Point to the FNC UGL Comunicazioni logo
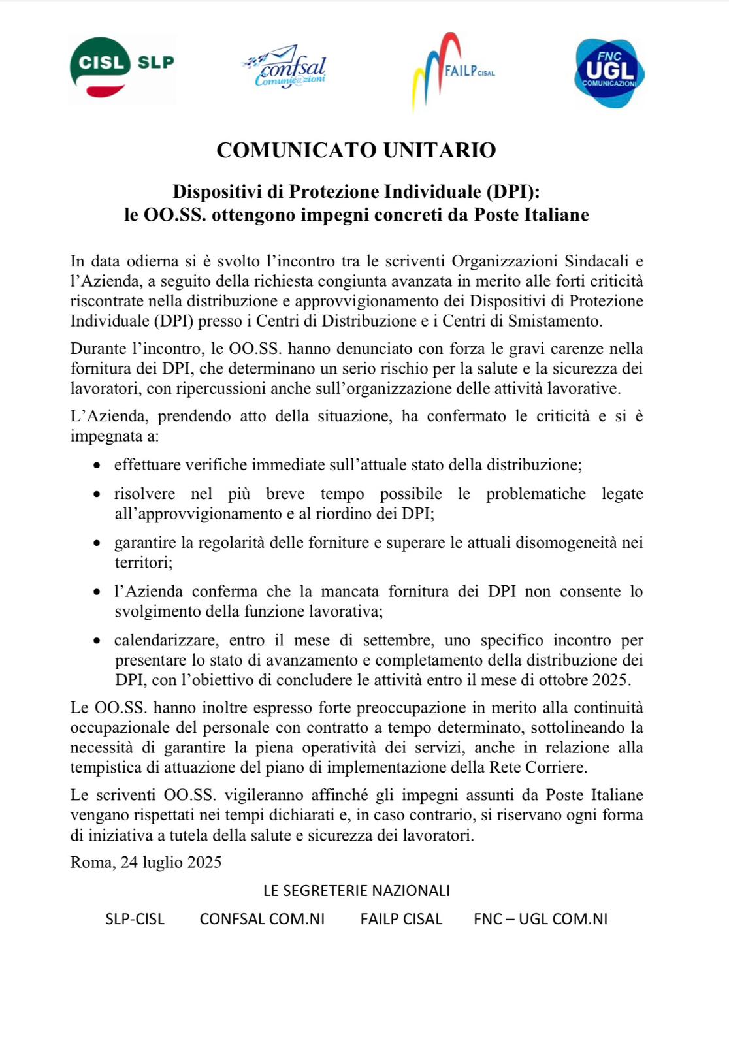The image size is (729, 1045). tap(609, 72)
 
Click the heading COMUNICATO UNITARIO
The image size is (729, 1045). tap(356, 150)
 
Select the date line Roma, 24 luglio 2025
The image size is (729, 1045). tap(146, 862)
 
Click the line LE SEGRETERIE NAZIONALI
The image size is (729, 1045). tap(356, 891)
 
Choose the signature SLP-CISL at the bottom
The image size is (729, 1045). tap(135, 919)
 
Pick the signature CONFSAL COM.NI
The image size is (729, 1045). tap(262, 919)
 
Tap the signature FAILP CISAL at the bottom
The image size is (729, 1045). tap(401, 919)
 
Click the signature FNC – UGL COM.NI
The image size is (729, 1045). tap(540, 919)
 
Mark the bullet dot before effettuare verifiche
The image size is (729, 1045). tap(97, 466)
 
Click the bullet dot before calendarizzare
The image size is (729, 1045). tap(97, 641)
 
